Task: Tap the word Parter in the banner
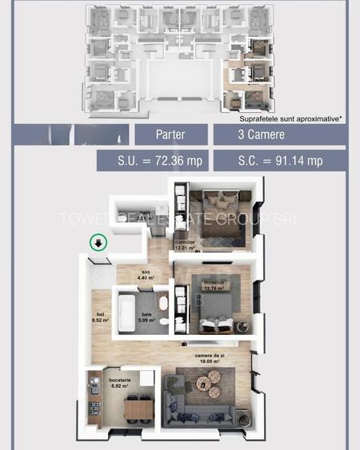tap(170, 134)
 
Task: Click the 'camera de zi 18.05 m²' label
tap(214, 358)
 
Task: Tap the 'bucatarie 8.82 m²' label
tap(104, 382)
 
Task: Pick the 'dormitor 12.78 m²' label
tap(212, 285)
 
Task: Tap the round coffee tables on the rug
tap(205, 388)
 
